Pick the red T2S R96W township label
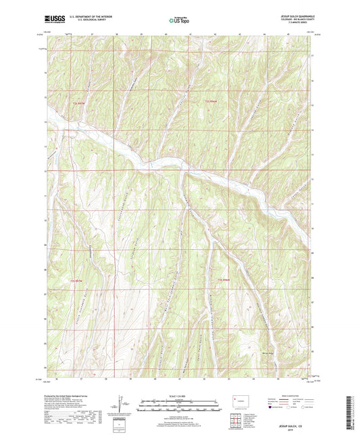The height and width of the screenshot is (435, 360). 213,102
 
